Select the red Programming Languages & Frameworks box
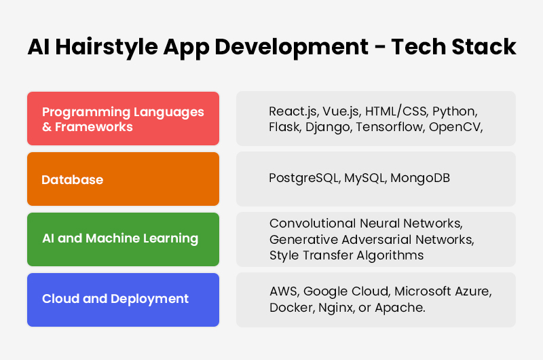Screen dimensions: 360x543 pyautogui.click(x=123, y=119)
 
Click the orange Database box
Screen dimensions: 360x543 pyautogui.click(x=123, y=179)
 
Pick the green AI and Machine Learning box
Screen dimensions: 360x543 pyautogui.click(x=123, y=238)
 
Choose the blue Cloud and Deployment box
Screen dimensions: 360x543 pyautogui.click(x=123, y=299)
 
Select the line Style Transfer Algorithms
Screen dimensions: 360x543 pyautogui.click(x=346, y=255)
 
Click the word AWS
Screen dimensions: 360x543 pyautogui.click(x=283, y=291)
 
